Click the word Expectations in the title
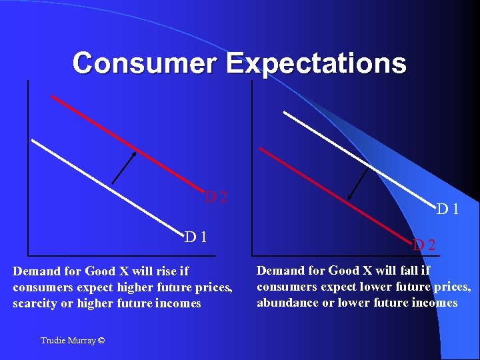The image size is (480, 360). point(316,63)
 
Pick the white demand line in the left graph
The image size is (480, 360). point(107,184)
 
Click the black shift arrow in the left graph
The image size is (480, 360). point(124,167)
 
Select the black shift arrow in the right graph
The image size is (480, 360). point(360,181)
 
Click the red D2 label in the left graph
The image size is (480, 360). point(217,197)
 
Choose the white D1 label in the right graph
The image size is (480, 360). point(447,209)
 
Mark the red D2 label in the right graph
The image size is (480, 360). point(424,245)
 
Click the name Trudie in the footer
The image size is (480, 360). point(53,341)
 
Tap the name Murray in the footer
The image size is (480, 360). point(82,341)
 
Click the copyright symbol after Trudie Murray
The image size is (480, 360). point(101,341)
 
